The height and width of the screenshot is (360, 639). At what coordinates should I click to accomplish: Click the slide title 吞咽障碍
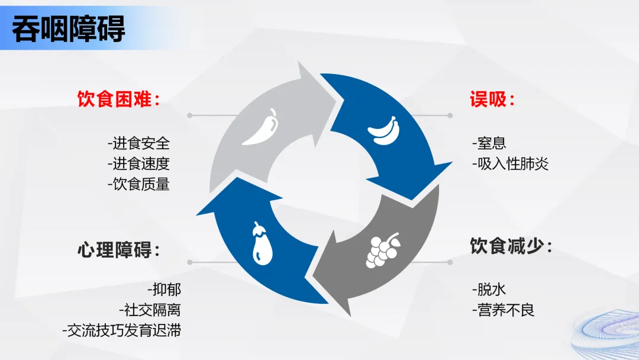69,29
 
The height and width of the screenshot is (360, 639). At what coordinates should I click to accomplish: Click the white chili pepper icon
261,127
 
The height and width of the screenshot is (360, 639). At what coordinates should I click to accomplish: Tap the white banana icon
383,130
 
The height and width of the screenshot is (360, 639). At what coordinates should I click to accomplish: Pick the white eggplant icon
262,244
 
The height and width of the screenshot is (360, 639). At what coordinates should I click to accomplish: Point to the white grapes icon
383,250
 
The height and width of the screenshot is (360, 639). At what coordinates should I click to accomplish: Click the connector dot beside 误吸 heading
450,115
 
